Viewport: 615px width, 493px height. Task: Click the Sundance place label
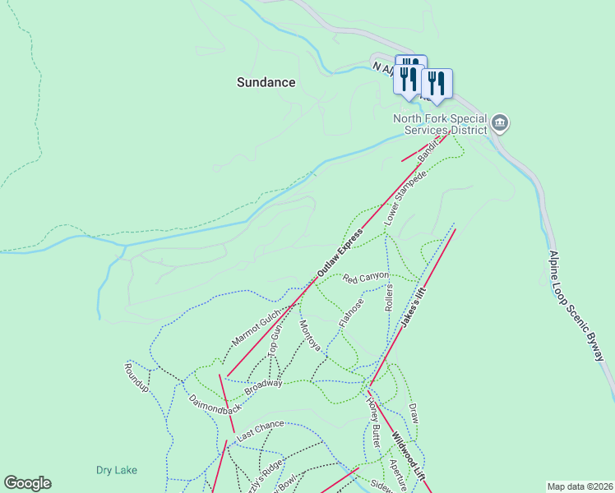pyautogui.click(x=266, y=82)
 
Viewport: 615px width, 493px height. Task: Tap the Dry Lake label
pyautogui.click(x=116, y=470)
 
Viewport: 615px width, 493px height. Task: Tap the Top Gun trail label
pyautogui.click(x=275, y=339)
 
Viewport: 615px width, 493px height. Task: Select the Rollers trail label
pyautogui.click(x=389, y=297)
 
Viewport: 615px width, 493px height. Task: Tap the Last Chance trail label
pyautogui.click(x=259, y=429)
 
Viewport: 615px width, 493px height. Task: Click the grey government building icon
pyautogui.click(x=499, y=125)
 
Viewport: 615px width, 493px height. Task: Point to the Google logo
pyautogui.click(x=27, y=483)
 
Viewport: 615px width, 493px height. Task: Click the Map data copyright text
pyautogui.click(x=580, y=486)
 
